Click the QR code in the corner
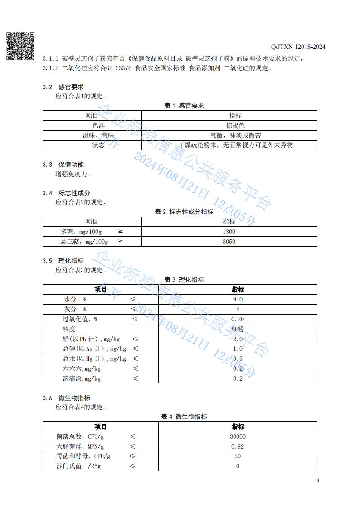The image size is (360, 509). [20, 46]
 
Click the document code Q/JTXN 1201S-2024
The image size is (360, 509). [298, 47]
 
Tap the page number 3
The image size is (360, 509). [317, 480]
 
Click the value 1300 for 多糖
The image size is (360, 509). [229, 232]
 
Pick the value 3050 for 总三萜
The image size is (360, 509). [229, 242]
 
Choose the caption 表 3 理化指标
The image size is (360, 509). [184, 280]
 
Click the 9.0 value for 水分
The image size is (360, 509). [238, 299]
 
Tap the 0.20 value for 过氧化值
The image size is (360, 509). [238, 319]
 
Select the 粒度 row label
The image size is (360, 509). [69, 329]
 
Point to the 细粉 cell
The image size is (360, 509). [238, 329]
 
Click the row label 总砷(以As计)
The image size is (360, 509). [94, 349]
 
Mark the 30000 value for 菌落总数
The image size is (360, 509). [238, 436]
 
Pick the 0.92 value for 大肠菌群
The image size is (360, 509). [238, 446]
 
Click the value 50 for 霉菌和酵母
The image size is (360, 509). [238, 456]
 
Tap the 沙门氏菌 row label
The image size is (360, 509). [71, 466]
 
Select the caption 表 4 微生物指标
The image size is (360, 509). [184, 417]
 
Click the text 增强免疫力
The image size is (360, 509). [73, 174]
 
